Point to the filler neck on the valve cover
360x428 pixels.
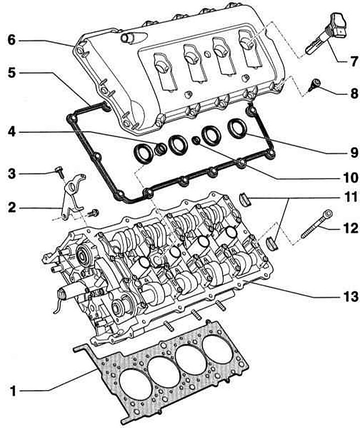click(130, 38)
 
